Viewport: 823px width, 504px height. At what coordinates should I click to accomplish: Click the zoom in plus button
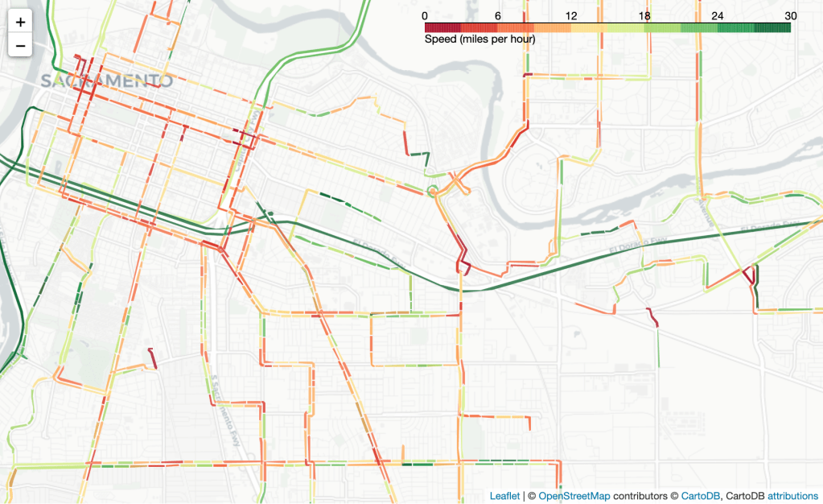pos(21,23)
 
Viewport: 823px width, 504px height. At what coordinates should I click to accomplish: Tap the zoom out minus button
pos(21,46)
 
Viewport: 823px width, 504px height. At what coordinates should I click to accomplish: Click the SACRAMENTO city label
pos(106,81)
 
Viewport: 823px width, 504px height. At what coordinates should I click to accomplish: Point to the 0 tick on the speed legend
pos(425,16)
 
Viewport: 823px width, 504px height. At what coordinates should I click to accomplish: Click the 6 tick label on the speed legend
pos(498,16)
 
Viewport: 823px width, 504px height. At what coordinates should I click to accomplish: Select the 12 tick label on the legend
pos(570,16)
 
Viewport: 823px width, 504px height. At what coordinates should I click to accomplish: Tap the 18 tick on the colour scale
pos(644,16)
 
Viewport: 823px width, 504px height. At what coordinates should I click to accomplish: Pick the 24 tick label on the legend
pos(718,16)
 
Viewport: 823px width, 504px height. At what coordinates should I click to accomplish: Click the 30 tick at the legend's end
pos(790,16)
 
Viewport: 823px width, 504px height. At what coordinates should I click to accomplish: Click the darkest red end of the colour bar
pos(427,27)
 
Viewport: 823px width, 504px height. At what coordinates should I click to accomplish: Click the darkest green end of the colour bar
pos(788,27)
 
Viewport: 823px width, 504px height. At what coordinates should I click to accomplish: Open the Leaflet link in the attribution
pos(505,496)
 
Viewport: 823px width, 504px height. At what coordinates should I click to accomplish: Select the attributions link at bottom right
pos(792,496)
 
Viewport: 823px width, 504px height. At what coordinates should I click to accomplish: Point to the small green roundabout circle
pos(432,191)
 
